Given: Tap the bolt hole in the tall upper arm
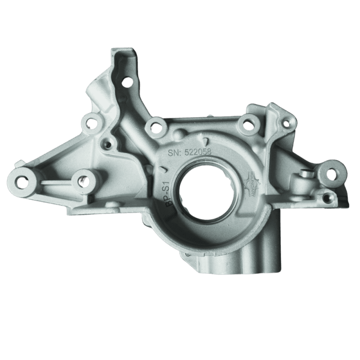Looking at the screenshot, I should (127, 82).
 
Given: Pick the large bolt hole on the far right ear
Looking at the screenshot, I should (331, 173).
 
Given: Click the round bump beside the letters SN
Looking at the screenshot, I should (179, 135).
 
